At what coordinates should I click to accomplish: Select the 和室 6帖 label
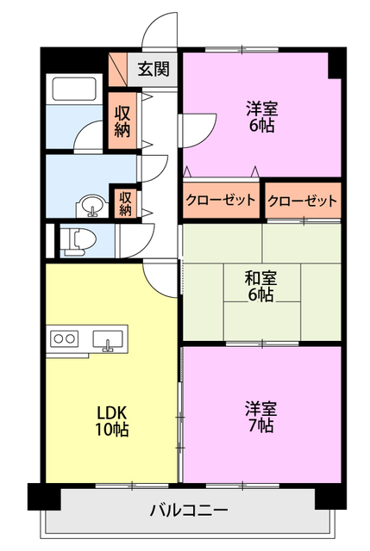(260, 286)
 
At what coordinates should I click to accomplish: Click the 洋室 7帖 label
(260, 416)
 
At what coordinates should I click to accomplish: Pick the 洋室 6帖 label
(260, 116)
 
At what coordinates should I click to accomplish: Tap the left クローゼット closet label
(221, 201)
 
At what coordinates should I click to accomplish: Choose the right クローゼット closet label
(302, 201)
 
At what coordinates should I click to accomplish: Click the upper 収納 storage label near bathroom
(123, 121)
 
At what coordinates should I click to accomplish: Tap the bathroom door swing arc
(89, 136)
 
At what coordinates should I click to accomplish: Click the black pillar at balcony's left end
(39, 497)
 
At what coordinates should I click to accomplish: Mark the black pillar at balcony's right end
(329, 497)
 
